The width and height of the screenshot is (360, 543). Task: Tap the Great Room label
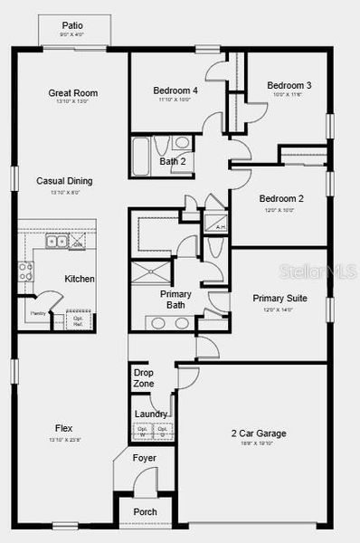click(x=73, y=92)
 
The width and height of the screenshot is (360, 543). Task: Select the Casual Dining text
click(x=64, y=181)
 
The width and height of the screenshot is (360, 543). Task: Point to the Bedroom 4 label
click(x=175, y=90)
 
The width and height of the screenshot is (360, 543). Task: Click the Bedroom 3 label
click(x=289, y=85)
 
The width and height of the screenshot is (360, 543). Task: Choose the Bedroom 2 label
click(x=281, y=199)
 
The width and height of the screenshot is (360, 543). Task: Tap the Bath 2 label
click(x=174, y=162)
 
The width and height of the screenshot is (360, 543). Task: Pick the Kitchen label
click(x=80, y=279)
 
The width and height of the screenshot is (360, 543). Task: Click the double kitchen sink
click(x=56, y=242)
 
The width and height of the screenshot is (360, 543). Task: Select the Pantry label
click(x=38, y=313)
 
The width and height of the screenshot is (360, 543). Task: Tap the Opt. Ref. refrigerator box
click(x=78, y=319)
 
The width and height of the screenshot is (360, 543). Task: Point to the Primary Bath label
click(x=175, y=300)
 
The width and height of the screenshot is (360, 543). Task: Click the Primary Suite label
click(x=279, y=298)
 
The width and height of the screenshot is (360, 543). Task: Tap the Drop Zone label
click(x=144, y=376)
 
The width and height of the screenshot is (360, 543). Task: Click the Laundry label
click(x=150, y=414)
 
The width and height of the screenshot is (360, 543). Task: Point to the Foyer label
click(x=145, y=458)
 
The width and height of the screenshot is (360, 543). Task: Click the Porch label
click(x=145, y=511)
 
